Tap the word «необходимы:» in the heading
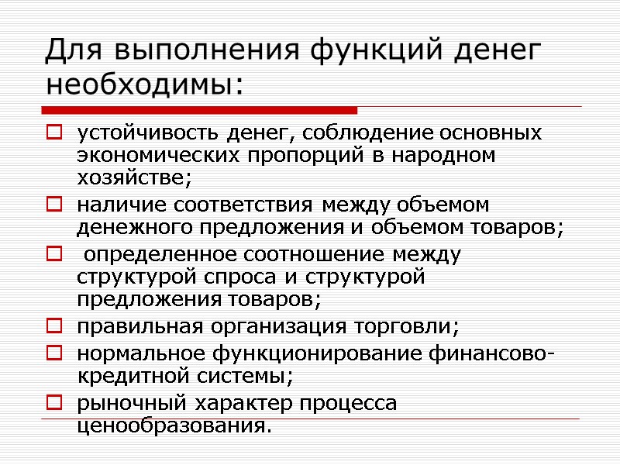point(144,83)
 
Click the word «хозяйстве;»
point(133,177)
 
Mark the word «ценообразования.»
point(175,426)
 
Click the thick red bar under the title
point(201,110)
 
